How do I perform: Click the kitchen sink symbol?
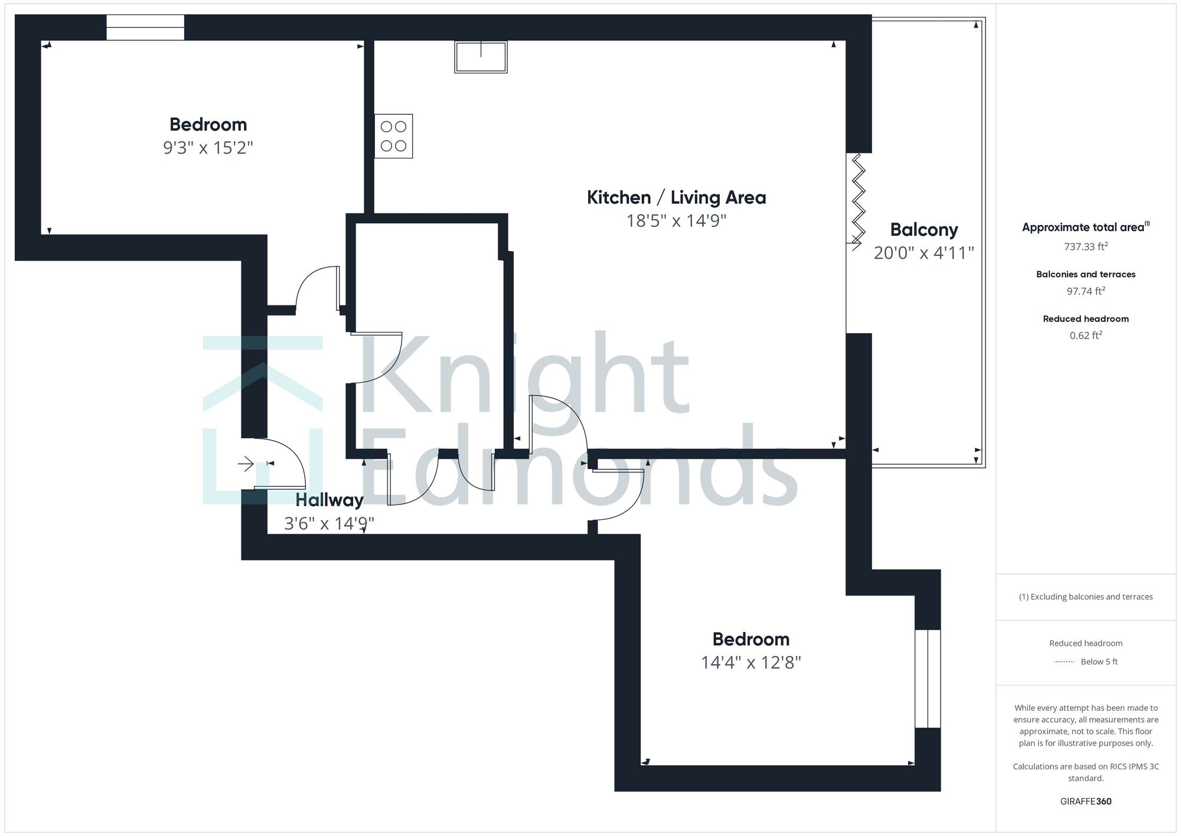click(x=481, y=57)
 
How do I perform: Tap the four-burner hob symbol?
click(x=393, y=136)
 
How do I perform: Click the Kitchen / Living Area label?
click(x=676, y=197)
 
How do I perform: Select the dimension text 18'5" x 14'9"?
click(x=676, y=221)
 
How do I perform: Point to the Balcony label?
click(x=924, y=230)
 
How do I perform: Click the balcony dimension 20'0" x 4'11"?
click(x=924, y=253)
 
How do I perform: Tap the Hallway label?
click(x=329, y=500)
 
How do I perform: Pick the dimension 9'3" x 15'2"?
click(x=208, y=148)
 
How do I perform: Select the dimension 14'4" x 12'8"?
click(x=751, y=663)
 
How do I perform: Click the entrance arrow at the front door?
click(x=246, y=464)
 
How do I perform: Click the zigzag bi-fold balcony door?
click(x=857, y=198)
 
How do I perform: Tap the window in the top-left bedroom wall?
click(x=145, y=27)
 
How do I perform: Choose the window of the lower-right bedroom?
click(x=927, y=678)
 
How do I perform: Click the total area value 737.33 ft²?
click(x=1085, y=247)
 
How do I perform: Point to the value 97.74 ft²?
click(x=1085, y=291)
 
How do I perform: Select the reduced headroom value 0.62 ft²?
click(x=1085, y=336)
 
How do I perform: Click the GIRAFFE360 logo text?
click(x=1085, y=802)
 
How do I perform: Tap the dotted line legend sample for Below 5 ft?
click(x=1064, y=662)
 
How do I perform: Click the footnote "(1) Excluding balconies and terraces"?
click(x=1085, y=597)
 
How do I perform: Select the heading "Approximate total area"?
click(x=1084, y=227)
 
